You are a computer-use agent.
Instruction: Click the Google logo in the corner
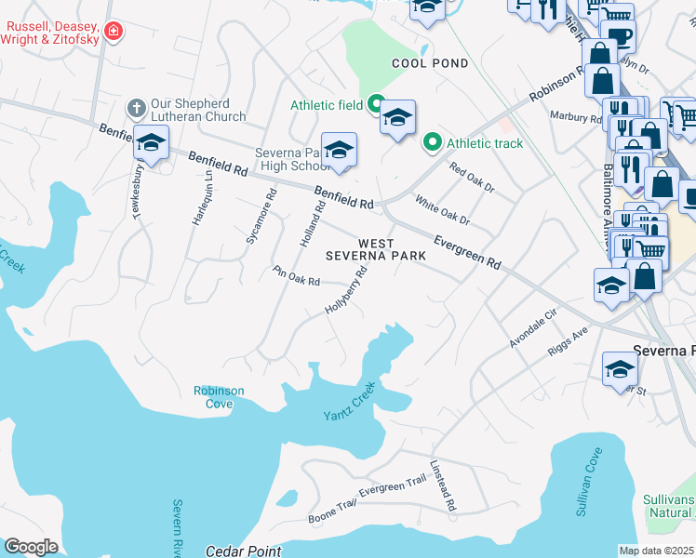[x=30, y=547]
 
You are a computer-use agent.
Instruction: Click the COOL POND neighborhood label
[x=429, y=63]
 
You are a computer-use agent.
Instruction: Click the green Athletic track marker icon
[x=432, y=143]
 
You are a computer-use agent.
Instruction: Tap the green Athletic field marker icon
[x=377, y=105]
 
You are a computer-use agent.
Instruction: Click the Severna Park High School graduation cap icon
[x=339, y=150]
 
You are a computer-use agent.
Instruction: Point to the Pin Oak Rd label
[x=296, y=276]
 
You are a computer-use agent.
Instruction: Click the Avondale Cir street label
[x=531, y=330]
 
